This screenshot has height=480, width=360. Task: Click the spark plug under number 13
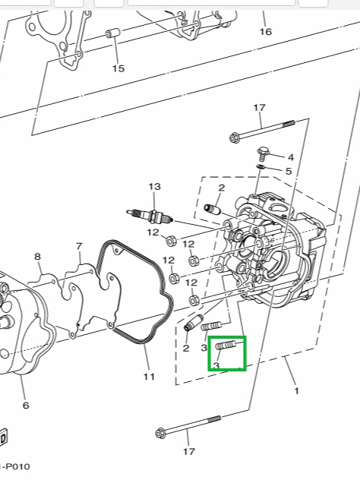[x=150, y=216]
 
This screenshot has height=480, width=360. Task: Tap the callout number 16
[x=265, y=32]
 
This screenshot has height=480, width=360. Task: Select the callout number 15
[x=118, y=68]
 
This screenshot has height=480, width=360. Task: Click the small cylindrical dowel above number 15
[x=113, y=33]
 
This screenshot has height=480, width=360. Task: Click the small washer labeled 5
[x=261, y=166]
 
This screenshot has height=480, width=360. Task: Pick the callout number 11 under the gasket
[x=149, y=376]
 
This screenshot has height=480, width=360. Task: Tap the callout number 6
[x=26, y=405]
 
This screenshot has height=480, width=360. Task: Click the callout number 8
[x=37, y=256]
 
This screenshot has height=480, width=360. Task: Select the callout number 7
[x=79, y=246]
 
